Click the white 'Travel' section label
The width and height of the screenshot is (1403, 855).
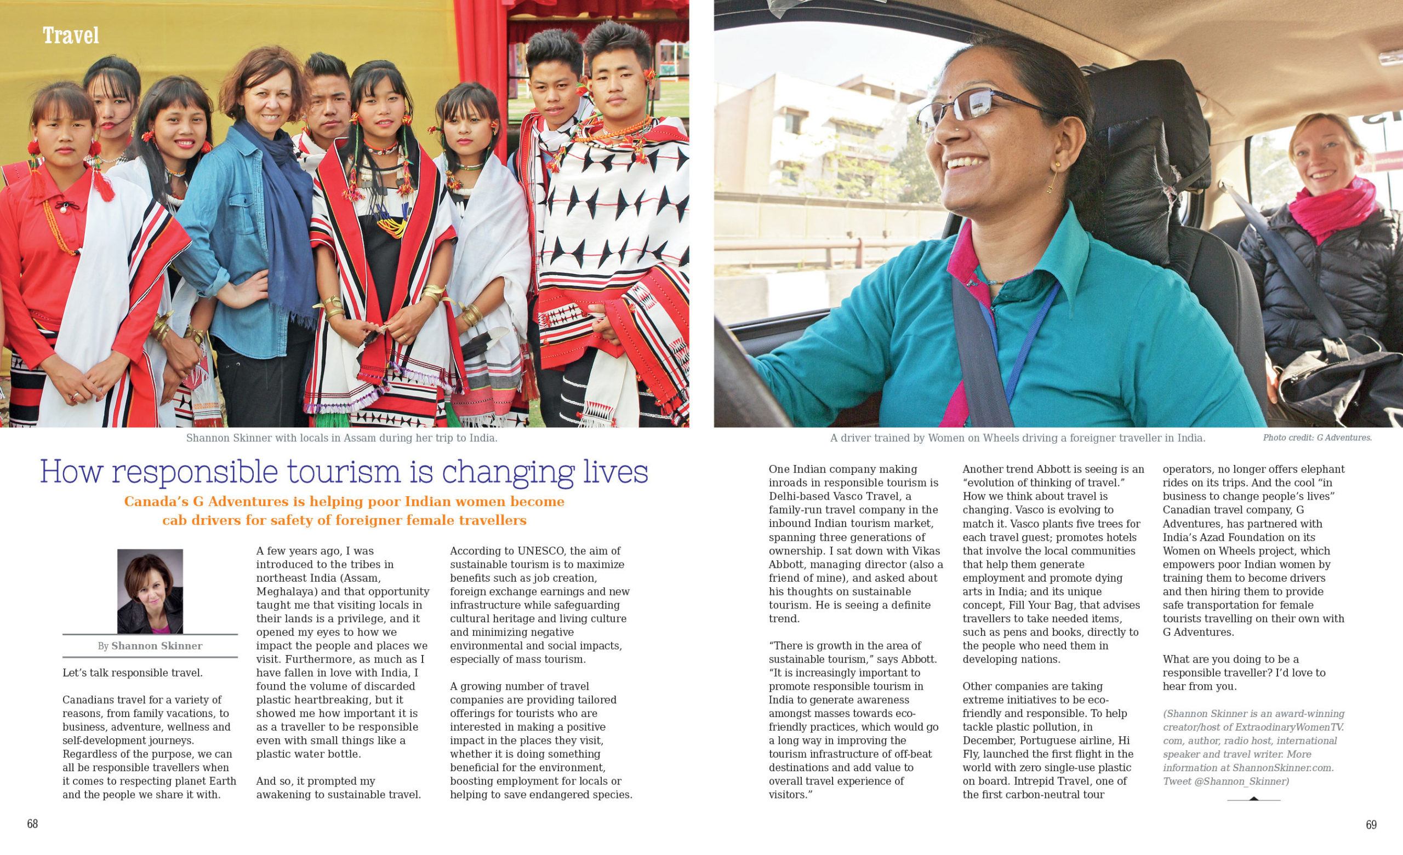(x=71, y=36)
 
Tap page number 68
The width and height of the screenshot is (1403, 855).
(x=32, y=824)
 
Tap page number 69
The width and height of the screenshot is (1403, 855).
(x=1371, y=825)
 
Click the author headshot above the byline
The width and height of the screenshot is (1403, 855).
(x=150, y=591)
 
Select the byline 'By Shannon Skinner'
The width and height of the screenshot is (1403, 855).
(x=150, y=646)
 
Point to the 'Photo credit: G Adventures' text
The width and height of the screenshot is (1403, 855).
(x=1317, y=438)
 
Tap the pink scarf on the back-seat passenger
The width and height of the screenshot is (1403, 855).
(x=1332, y=208)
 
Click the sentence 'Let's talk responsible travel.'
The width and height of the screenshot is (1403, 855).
(x=133, y=673)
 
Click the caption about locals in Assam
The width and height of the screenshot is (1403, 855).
(x=341, y=438)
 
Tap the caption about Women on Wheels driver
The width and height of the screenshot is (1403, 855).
(x=1018, y=438)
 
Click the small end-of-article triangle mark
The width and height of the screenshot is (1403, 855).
(x=1253, y=798)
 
